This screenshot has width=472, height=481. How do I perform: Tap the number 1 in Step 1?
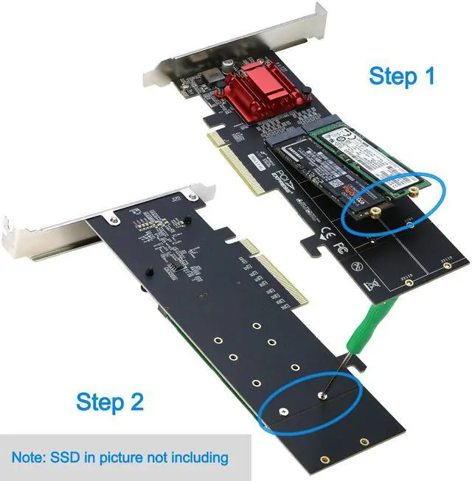[426, 76]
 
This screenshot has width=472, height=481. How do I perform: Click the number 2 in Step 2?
[135, 402]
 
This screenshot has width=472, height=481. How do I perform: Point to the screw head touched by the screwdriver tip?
[321, 396]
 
